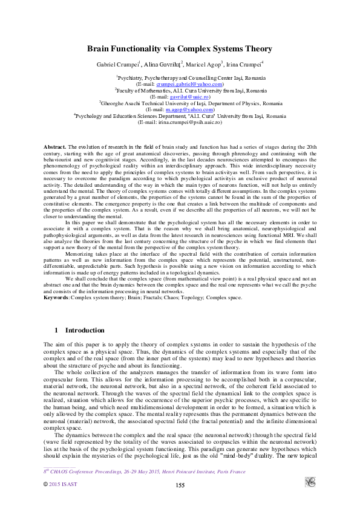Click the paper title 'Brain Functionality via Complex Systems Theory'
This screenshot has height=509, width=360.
(180, 49)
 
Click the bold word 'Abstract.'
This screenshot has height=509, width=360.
(55, 148)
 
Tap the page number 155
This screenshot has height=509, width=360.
(180, 486)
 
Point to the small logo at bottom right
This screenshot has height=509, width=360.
(310, 482)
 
